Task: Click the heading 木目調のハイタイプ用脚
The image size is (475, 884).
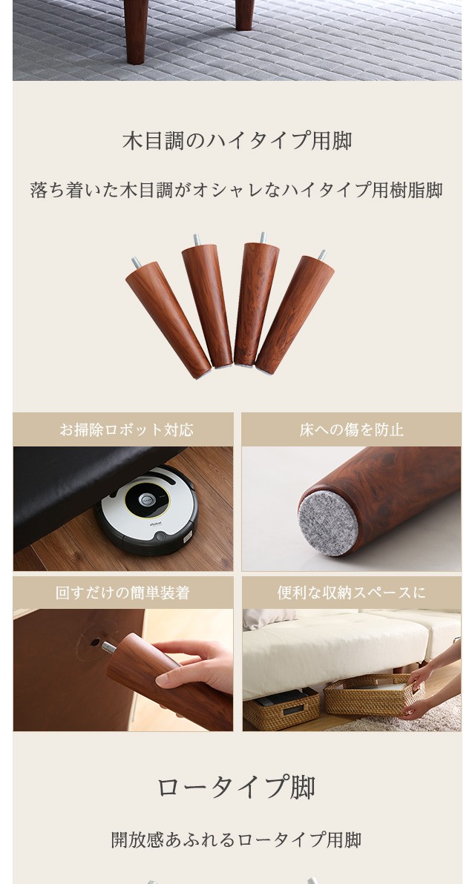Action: (x=237, y=141)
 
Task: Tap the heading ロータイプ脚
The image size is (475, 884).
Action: (x=236, y=787)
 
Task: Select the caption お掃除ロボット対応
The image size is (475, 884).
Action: (x=126, y=430)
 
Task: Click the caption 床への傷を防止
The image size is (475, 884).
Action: (x=352, y=430)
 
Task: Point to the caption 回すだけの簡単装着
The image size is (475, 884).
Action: (x=122, y=593)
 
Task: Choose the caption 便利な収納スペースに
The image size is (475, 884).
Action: (x=352, y=593)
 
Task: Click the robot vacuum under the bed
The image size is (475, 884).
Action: (x=146, y=509)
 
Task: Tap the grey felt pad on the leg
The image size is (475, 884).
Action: (x=328, y=524)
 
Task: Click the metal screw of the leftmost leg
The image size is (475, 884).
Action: (x=136, y=262)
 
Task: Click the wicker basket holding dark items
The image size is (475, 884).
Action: (x=281, y=708)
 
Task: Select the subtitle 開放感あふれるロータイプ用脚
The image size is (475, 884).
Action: (x=236, y=840)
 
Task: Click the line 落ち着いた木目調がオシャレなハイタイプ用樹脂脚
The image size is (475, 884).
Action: (x=236, y=190)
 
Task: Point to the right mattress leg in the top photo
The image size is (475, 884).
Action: (x=244, y=15)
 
